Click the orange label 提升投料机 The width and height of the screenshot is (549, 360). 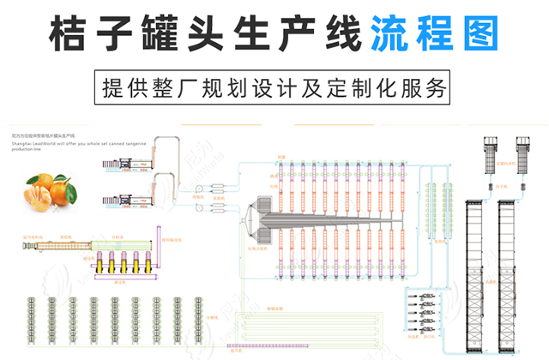click(33, 234)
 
